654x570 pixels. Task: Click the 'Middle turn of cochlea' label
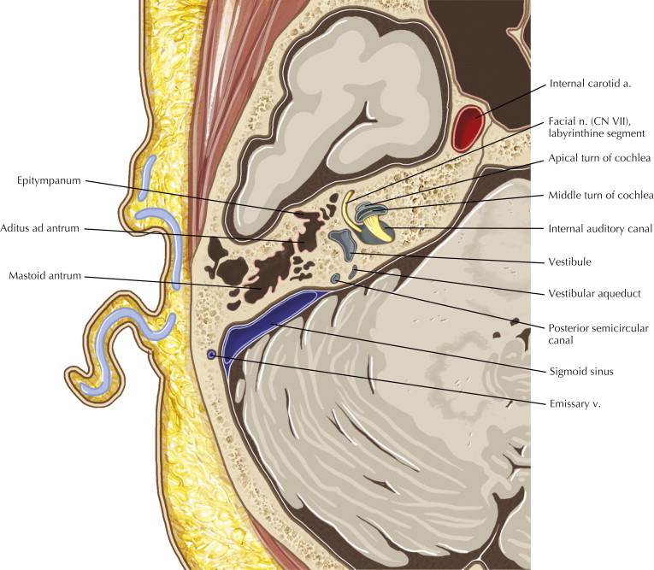tap(600, 195)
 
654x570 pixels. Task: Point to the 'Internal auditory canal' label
tap(600, 229)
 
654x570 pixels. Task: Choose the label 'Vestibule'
tap(571, 261)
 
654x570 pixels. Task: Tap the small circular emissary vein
tap(211, 353)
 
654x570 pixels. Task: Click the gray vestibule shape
tap(345, 245)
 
